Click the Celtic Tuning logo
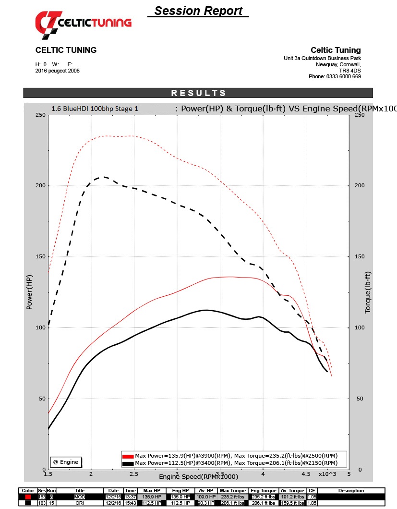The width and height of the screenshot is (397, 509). (83, 23)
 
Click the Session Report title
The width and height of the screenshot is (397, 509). (198, 11)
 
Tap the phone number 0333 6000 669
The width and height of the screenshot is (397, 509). (344, 76)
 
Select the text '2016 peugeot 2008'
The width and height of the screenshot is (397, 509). (58, 71)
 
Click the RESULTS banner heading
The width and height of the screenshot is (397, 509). (198, 93)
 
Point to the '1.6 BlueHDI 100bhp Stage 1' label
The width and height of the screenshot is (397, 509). (95, 109)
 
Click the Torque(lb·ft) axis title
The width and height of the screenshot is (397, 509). (368, 292)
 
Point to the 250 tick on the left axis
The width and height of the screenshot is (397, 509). (41, 115)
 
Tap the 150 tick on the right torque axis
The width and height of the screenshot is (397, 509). (359, 256)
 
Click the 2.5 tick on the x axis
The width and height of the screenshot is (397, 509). (134, 474)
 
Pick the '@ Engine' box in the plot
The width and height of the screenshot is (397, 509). (66, 462)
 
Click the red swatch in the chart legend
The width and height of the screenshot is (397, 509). (128, 456)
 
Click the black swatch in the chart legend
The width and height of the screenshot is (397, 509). (128, 463)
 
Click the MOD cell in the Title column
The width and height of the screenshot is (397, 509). (79, 497)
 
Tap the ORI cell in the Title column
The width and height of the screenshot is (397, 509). (79, 503)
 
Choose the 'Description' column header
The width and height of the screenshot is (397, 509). (351, 491)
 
